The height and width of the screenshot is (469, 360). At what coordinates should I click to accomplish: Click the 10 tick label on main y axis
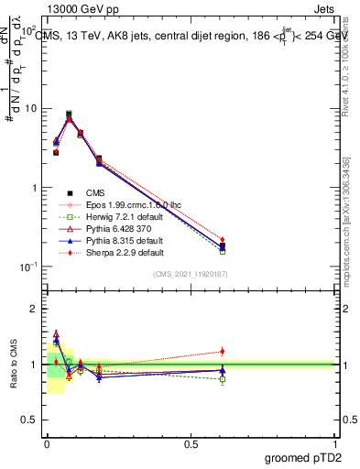31,109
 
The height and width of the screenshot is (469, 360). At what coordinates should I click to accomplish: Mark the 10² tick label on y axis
29,30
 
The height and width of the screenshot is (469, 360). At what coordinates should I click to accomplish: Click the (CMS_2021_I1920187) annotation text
190,273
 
